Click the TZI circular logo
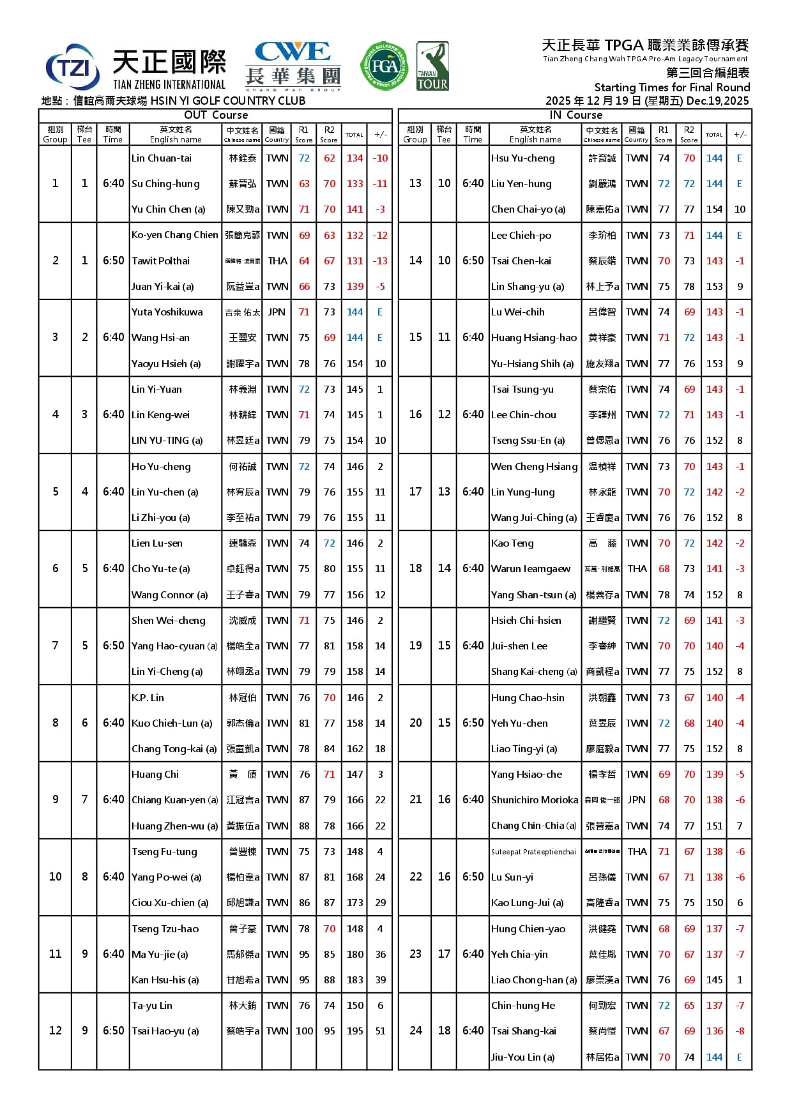tap(73, 67)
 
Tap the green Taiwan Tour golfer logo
tap(432, 66)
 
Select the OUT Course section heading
tap(215, 115)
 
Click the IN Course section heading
tap(575, 115)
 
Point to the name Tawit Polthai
tap(160, 261)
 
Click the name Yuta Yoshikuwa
tap(167, 312)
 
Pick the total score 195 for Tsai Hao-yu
tap(354, 1031)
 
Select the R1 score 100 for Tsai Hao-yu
tap(304, 1031)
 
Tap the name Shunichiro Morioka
tap(535, 799)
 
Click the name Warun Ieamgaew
tap(531, 568)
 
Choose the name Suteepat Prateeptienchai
tap(533, 851)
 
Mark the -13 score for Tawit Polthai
tap(380, 261)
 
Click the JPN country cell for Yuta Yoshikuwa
tap(277, 312)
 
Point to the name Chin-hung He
tap(523, 1005)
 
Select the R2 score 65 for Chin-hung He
tap(689, 1005)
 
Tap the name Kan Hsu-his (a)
tap(165, 980)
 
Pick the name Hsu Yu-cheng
tap(522, 158)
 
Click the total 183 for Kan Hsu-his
tap(354, 980)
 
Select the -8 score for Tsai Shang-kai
tap(740, 1031)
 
